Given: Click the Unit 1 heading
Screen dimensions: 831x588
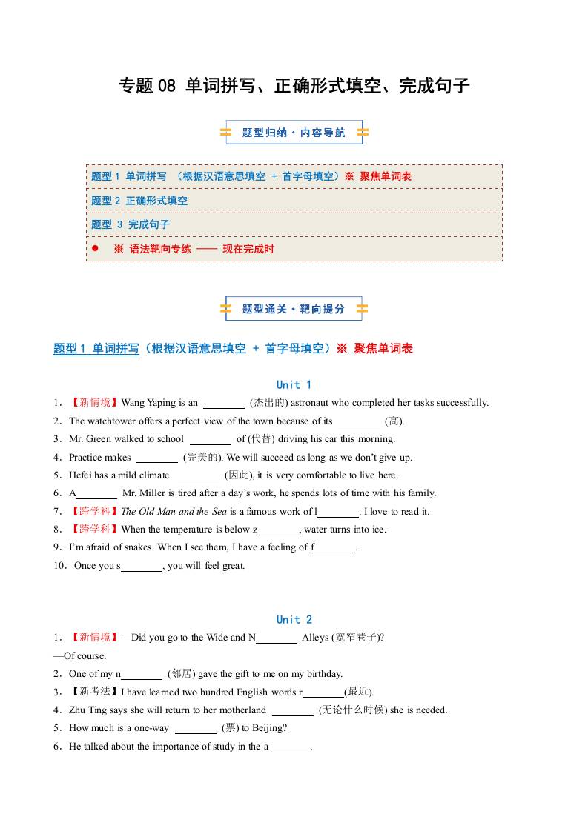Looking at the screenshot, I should (x=294, y=384).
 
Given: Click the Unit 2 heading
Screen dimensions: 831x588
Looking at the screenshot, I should (x=294, y=619).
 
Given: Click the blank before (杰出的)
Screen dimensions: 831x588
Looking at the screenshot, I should (x=224, y=403).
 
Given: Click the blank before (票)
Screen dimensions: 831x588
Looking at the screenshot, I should (x=195, y=727).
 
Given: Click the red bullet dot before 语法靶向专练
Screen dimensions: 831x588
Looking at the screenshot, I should (x=95, y=248).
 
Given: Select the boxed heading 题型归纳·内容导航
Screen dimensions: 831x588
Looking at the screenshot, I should (x=294, y=133).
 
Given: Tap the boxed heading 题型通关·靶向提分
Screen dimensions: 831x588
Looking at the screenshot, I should (x=294, y=309).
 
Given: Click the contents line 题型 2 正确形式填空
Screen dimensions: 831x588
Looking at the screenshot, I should (x=139, y=201).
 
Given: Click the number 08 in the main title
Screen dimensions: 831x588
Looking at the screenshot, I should (x=167, y=86).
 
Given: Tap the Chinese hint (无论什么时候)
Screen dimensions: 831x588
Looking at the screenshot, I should (x=352, y=710).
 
